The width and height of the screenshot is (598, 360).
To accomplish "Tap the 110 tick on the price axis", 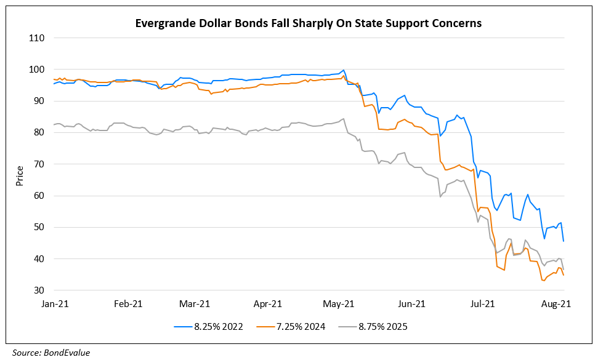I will pos(37,38).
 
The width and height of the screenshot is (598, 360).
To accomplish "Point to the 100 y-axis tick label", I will pos(37,70).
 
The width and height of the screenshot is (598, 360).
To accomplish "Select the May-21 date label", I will pos(339,303).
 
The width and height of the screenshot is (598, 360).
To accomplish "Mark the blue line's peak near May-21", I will pos(343,70).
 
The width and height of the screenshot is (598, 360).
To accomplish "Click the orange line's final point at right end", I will pos(564,275).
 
